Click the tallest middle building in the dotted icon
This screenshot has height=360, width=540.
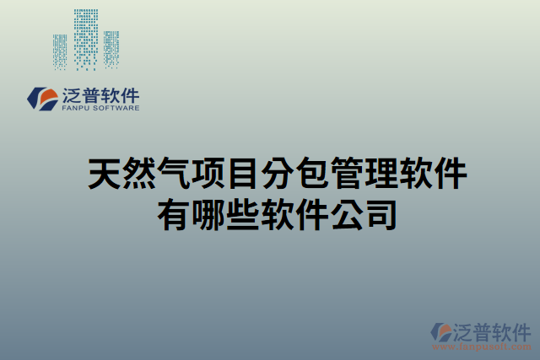point(85,38)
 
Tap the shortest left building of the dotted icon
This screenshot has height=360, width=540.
point(60,51)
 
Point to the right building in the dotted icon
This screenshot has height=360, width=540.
point(111,48)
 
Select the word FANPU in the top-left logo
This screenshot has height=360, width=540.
point(76,109)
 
